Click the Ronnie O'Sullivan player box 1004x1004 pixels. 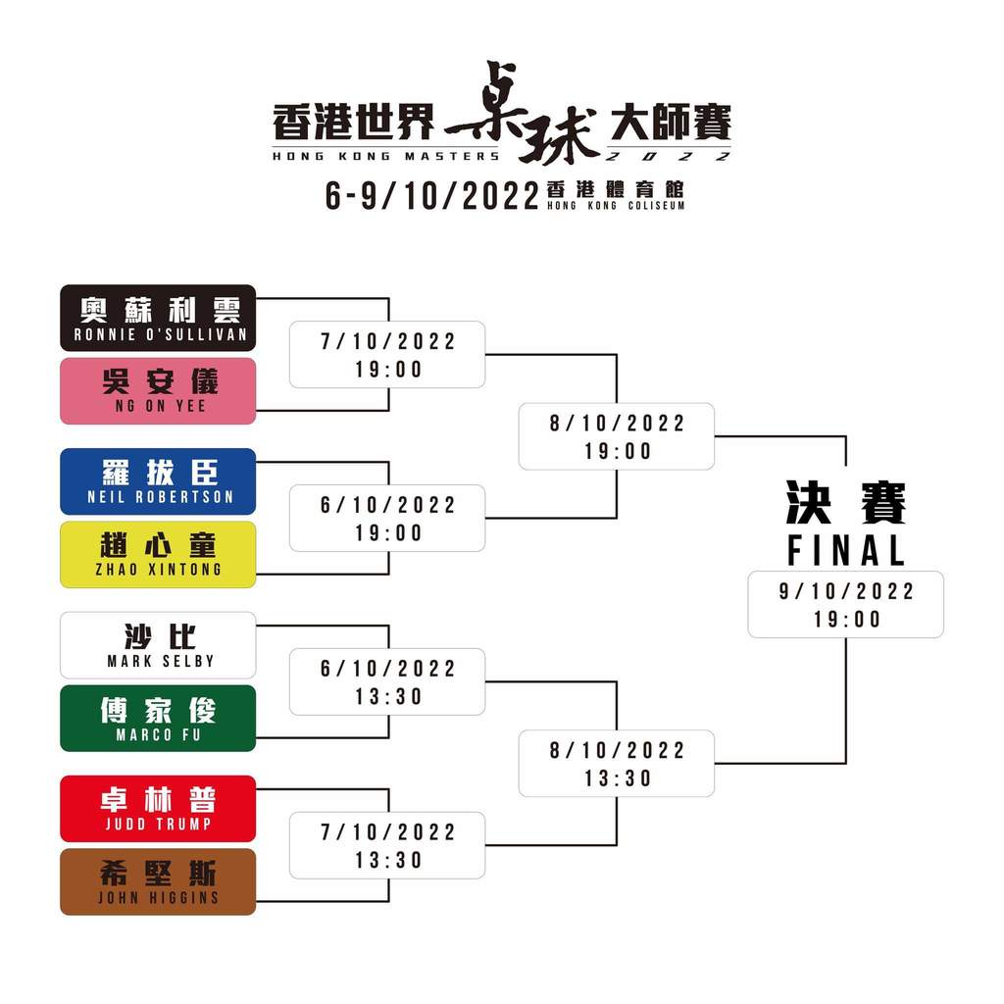coord(158,319)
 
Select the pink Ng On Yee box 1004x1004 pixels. coord(158,391)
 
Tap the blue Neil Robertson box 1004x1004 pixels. coord(158,481)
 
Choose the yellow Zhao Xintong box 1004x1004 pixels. coord(158,555)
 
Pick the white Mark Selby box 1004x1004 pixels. coord(158,645)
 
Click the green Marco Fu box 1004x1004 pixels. coord(158,718)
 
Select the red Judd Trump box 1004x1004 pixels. coord(158,809)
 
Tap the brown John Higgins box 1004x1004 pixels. coord(158,881)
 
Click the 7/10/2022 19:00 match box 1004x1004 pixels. coord(387,355)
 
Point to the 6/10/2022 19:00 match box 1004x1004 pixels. coord(387,518)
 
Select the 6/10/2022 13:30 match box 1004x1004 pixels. coord(387,682)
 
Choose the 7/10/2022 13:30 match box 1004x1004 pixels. coord(387,845)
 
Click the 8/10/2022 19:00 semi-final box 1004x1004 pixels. coord(617,436)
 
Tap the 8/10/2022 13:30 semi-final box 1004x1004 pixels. coord(617,763)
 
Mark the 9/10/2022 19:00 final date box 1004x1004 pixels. coord(846,604)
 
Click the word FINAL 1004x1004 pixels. coord(846,551)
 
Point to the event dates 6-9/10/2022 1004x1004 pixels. coord(432,196)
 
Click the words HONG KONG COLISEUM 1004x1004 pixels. coord(616,206)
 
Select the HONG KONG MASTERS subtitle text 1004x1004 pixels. coord(385,156)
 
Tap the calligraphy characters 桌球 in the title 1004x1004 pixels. coord(522,113)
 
